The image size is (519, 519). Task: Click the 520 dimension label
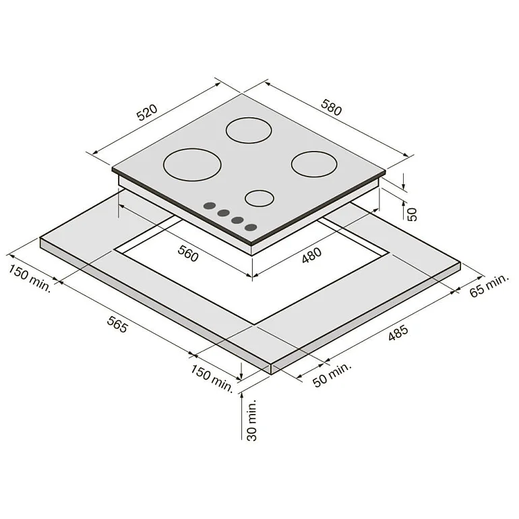147,112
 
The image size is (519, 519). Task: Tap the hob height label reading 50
413,214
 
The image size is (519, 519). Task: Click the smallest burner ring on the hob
259,197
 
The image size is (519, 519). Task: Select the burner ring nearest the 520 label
192,164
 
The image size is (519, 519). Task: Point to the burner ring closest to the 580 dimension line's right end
314,162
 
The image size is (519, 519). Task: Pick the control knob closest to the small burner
251,227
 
